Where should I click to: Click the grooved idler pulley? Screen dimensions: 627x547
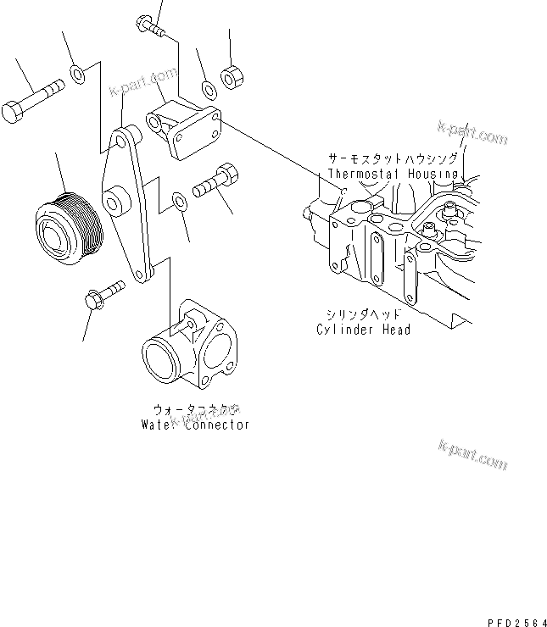[68, 225]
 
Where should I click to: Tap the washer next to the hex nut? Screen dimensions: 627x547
[207, 88]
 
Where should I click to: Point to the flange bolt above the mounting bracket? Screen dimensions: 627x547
[150, 25]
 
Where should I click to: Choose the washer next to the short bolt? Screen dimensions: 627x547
[179, 201]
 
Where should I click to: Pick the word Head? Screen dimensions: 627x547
[395, 329]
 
